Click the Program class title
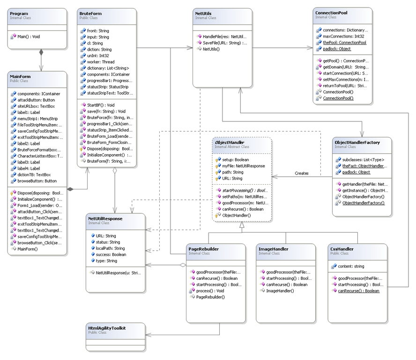click(x=19, y=14)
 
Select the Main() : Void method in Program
click(x=29, y=37)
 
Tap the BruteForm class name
click(x=90, y=14)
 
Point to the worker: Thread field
click(x=101, y=62)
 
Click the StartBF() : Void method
click(x=101, y=105)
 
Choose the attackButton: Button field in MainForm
click(x=36, y=100)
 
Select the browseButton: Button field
click(x=37, y=181)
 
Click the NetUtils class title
click(x=203, y=14)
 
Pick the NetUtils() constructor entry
click(x=211, y=49)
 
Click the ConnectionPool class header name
click(x=331, y=13)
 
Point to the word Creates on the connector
click(x=302, y=173)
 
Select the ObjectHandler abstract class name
click(x=230, y=142)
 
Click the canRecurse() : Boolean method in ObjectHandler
click(x=243, y=209)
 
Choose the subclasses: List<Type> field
click(x=363, y=160)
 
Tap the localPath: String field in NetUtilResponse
click(x=110, y=248)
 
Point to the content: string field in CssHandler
click(x=351, y=266)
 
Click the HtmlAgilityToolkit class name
click(x=107, y=328)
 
